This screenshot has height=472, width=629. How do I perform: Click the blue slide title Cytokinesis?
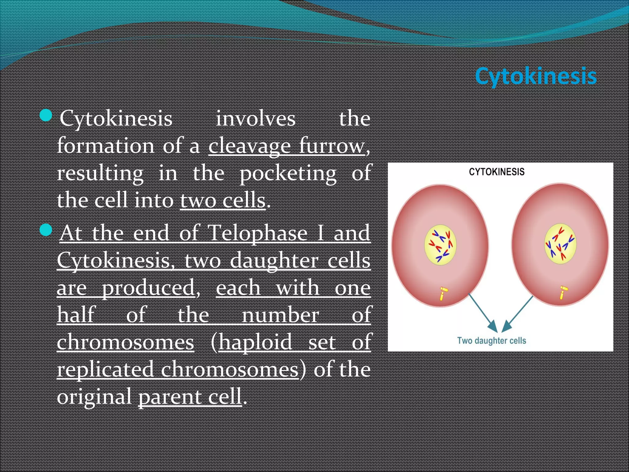point(536,76)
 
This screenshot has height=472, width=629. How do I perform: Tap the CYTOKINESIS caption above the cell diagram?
point(497,172)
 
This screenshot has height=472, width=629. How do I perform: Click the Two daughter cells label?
point(491,340)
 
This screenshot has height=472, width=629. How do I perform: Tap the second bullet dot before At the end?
point(46,230)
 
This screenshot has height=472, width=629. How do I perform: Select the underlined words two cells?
point(223,201)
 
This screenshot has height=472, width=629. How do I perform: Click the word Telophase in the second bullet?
point(257,233)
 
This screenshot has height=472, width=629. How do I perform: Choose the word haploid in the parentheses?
point(255,342)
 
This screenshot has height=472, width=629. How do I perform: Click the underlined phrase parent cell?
point(190,396)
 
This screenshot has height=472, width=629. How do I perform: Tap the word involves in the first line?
point(256,119)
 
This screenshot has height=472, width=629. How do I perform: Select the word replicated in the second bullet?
point(105,369)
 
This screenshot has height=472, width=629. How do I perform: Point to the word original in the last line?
point(94,396)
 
